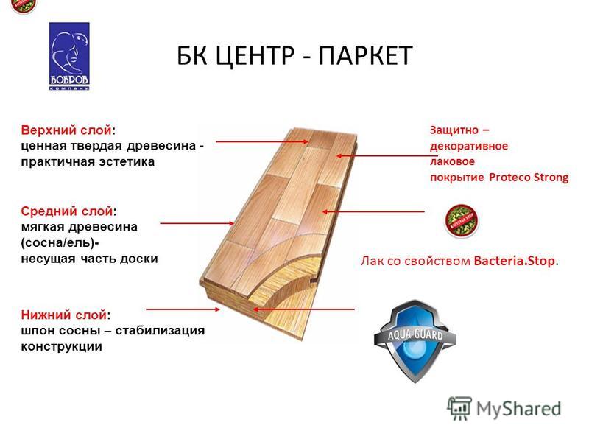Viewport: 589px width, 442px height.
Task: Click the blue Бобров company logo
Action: click(x=69, y=56)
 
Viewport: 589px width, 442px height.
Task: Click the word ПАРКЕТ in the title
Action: click(x=366, y=56)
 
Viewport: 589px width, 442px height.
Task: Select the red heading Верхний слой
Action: click(x=66, y=130)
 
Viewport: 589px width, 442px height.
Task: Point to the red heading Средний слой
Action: click(x=67, y=211)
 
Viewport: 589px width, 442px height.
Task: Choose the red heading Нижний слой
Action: click(x=64, y=315)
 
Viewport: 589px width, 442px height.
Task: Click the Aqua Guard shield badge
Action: click(x=415, y=341)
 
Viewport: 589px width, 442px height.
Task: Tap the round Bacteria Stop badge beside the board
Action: click(x=462, y=221)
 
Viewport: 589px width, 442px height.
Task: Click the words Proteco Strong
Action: click(x=529, y=178)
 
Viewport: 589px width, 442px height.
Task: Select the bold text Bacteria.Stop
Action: click(x=515, y=261)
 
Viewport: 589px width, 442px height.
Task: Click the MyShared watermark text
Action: click(x=519, y=409)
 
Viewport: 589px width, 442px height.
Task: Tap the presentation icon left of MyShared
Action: click(x=459, y=408)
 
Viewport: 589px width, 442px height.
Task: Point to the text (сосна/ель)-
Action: click(x=60, y=243)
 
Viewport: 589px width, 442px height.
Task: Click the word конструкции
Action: click(x=62, y=346)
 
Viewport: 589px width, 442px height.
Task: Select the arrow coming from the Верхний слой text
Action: click(x=262, y=141)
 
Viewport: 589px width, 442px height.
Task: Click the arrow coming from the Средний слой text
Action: click(x=197, y=223)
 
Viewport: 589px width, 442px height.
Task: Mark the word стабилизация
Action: click(x=160, y=331)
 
